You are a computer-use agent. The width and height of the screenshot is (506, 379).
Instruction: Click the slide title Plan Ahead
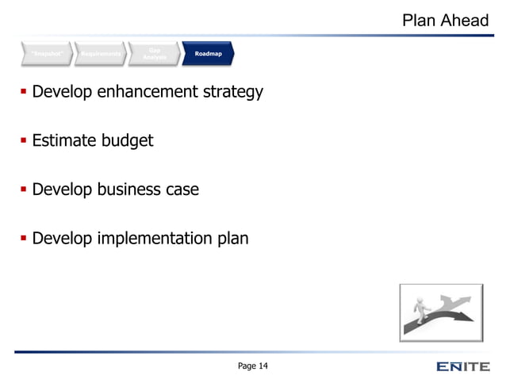click(x=445, y=20)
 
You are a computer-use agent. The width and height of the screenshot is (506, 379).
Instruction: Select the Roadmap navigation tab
click(x=209, y=53)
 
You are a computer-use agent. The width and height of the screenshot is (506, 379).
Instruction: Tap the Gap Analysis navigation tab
click(x=155, y=53)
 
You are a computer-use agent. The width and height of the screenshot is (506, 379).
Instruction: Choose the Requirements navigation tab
click(x=102, y=53)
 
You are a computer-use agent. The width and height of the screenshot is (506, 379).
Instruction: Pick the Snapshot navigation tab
click(x=45, y=53)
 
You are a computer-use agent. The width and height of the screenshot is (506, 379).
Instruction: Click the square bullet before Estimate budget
click(x=23, y=142)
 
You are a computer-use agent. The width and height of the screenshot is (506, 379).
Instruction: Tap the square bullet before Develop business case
click(x=23, y=190)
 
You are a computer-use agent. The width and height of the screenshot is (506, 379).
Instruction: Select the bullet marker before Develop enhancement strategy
click(x=23, y=94)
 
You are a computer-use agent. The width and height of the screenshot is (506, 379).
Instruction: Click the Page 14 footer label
click(x=253, y=366)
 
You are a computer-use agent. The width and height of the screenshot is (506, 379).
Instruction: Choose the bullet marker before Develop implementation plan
click(x=23, y=238)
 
